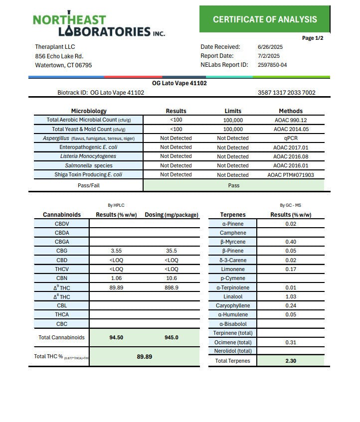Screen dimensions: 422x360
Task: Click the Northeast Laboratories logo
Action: [99, 25]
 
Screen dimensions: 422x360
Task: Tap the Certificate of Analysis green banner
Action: [264, 19]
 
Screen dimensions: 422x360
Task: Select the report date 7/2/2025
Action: [268, 56]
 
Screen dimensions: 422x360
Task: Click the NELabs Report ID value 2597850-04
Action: [272, 65]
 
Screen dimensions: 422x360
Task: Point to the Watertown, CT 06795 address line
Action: [63, 65]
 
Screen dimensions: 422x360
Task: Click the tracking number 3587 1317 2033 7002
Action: [286, 93]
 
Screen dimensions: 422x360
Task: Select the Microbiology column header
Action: [89, 111]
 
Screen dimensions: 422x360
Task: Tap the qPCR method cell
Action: [291, 138]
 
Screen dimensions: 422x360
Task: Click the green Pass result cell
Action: [233, 185]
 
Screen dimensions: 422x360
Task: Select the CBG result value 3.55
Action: [116, 251]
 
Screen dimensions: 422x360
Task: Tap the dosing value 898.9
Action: [171, 287]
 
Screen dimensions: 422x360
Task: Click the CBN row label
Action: [62, 279]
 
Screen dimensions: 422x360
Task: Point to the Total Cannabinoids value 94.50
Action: [116, 337]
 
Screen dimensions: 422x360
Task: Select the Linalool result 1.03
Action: [291, 296]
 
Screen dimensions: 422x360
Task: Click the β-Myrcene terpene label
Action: [233, 242]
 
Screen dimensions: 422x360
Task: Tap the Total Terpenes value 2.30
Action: [291, 361]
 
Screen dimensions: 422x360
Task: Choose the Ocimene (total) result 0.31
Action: [291, 342]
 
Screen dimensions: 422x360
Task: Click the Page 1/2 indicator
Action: [313, 38]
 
